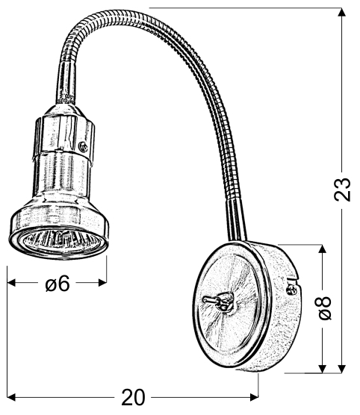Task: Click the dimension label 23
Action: pos(343,190)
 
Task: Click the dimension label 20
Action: pos(133,397)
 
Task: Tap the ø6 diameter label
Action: pos(57,283)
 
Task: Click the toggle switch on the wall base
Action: pos(219,301)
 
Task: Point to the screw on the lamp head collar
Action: pos(84,146)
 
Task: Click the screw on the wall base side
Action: pos(291,290)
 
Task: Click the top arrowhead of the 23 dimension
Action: pos(342,13)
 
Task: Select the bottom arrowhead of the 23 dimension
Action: pos(342,369)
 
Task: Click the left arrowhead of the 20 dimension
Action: pos(12,397)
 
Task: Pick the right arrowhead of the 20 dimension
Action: pos(254,397)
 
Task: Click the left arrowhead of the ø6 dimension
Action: pos(12,283)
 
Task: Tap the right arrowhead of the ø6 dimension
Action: pos(102,283)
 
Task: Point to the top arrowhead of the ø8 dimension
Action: pos(322,249)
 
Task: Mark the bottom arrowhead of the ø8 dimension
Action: pos(322,368)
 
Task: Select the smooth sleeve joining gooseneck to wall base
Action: pos(236,220)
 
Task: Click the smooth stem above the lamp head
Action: pos(66,84)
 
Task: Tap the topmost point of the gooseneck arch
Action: pos(111,13)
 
